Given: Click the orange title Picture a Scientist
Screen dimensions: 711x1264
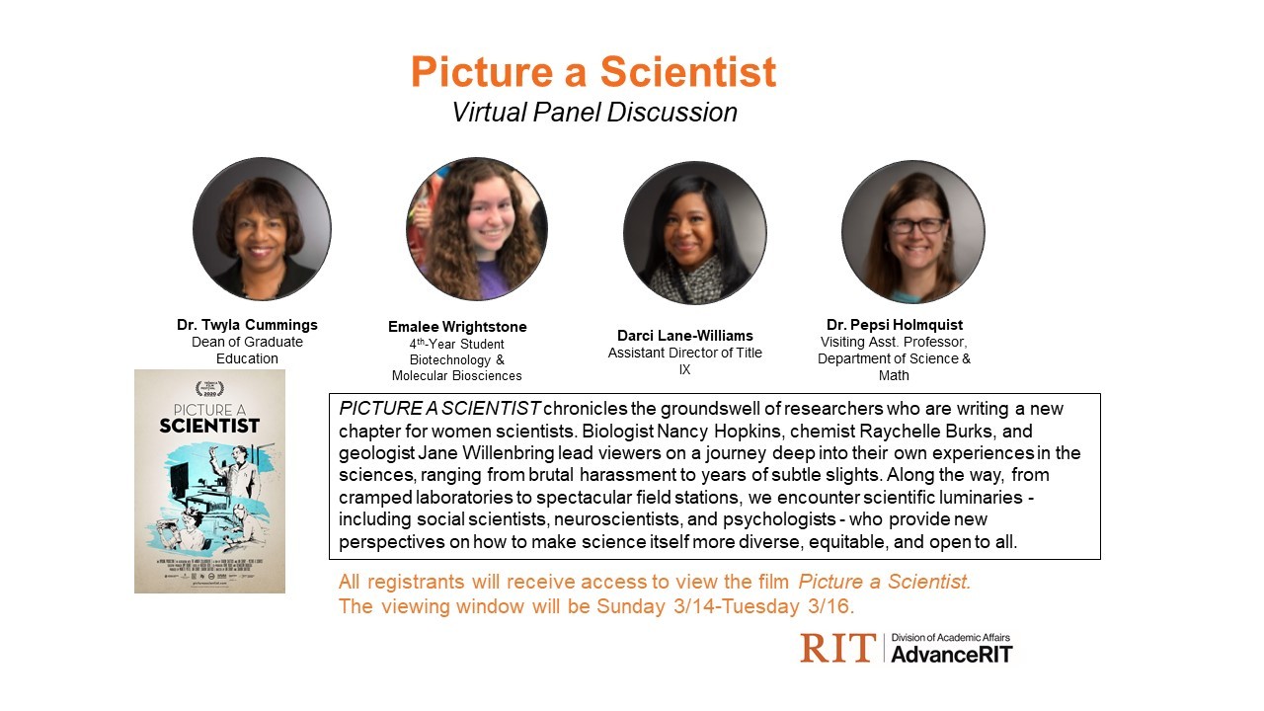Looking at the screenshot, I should click(x=593, y=72).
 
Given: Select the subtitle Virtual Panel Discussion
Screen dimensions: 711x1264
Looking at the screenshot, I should click(x=593, y=113).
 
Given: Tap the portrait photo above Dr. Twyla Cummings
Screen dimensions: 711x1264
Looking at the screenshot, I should click(x=262, y=229).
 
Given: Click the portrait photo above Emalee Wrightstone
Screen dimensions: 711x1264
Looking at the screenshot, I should click(x=476, y=229).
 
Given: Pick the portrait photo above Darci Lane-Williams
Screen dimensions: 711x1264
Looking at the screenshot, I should click(x=694, y=232).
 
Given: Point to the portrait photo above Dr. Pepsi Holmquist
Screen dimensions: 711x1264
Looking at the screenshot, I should click(x=912, y=231).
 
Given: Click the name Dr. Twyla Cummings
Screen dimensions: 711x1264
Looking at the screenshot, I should click(x=247, y=325).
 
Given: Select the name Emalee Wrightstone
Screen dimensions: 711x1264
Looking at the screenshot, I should click(x=457, y=327).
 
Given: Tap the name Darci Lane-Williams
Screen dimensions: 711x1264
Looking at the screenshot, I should click(x=684, y=336).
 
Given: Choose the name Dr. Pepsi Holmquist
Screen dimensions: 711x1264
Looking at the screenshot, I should click(x=894, y=325).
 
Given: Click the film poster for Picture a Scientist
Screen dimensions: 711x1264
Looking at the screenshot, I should click(x=209, y=481).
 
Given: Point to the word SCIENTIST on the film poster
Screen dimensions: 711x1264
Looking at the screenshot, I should click(x=209, y=426).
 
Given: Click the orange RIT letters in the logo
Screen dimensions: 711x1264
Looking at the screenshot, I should click(x=837, y=649).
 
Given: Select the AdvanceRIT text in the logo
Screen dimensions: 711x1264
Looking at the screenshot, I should click(x=951, y=654).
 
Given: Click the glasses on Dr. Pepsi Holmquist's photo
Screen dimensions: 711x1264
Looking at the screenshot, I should click(x=915, y=225).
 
